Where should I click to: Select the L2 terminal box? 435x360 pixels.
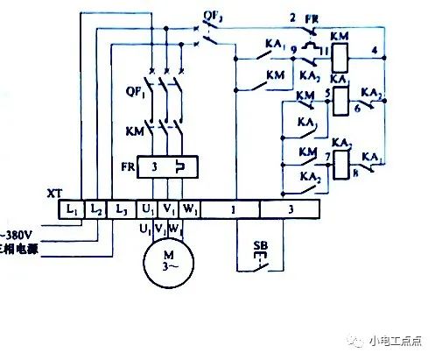(x=97, y=210)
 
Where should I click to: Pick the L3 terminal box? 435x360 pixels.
(x=122, y=210)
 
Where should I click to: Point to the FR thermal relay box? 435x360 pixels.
(x=165, y=166)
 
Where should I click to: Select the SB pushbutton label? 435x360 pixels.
(x=259, y=244)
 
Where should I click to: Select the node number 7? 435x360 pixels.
(x=326, y=156)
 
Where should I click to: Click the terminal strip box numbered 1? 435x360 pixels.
(x=234, y=210)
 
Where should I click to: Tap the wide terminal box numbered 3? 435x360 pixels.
(x=290, y=210)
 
